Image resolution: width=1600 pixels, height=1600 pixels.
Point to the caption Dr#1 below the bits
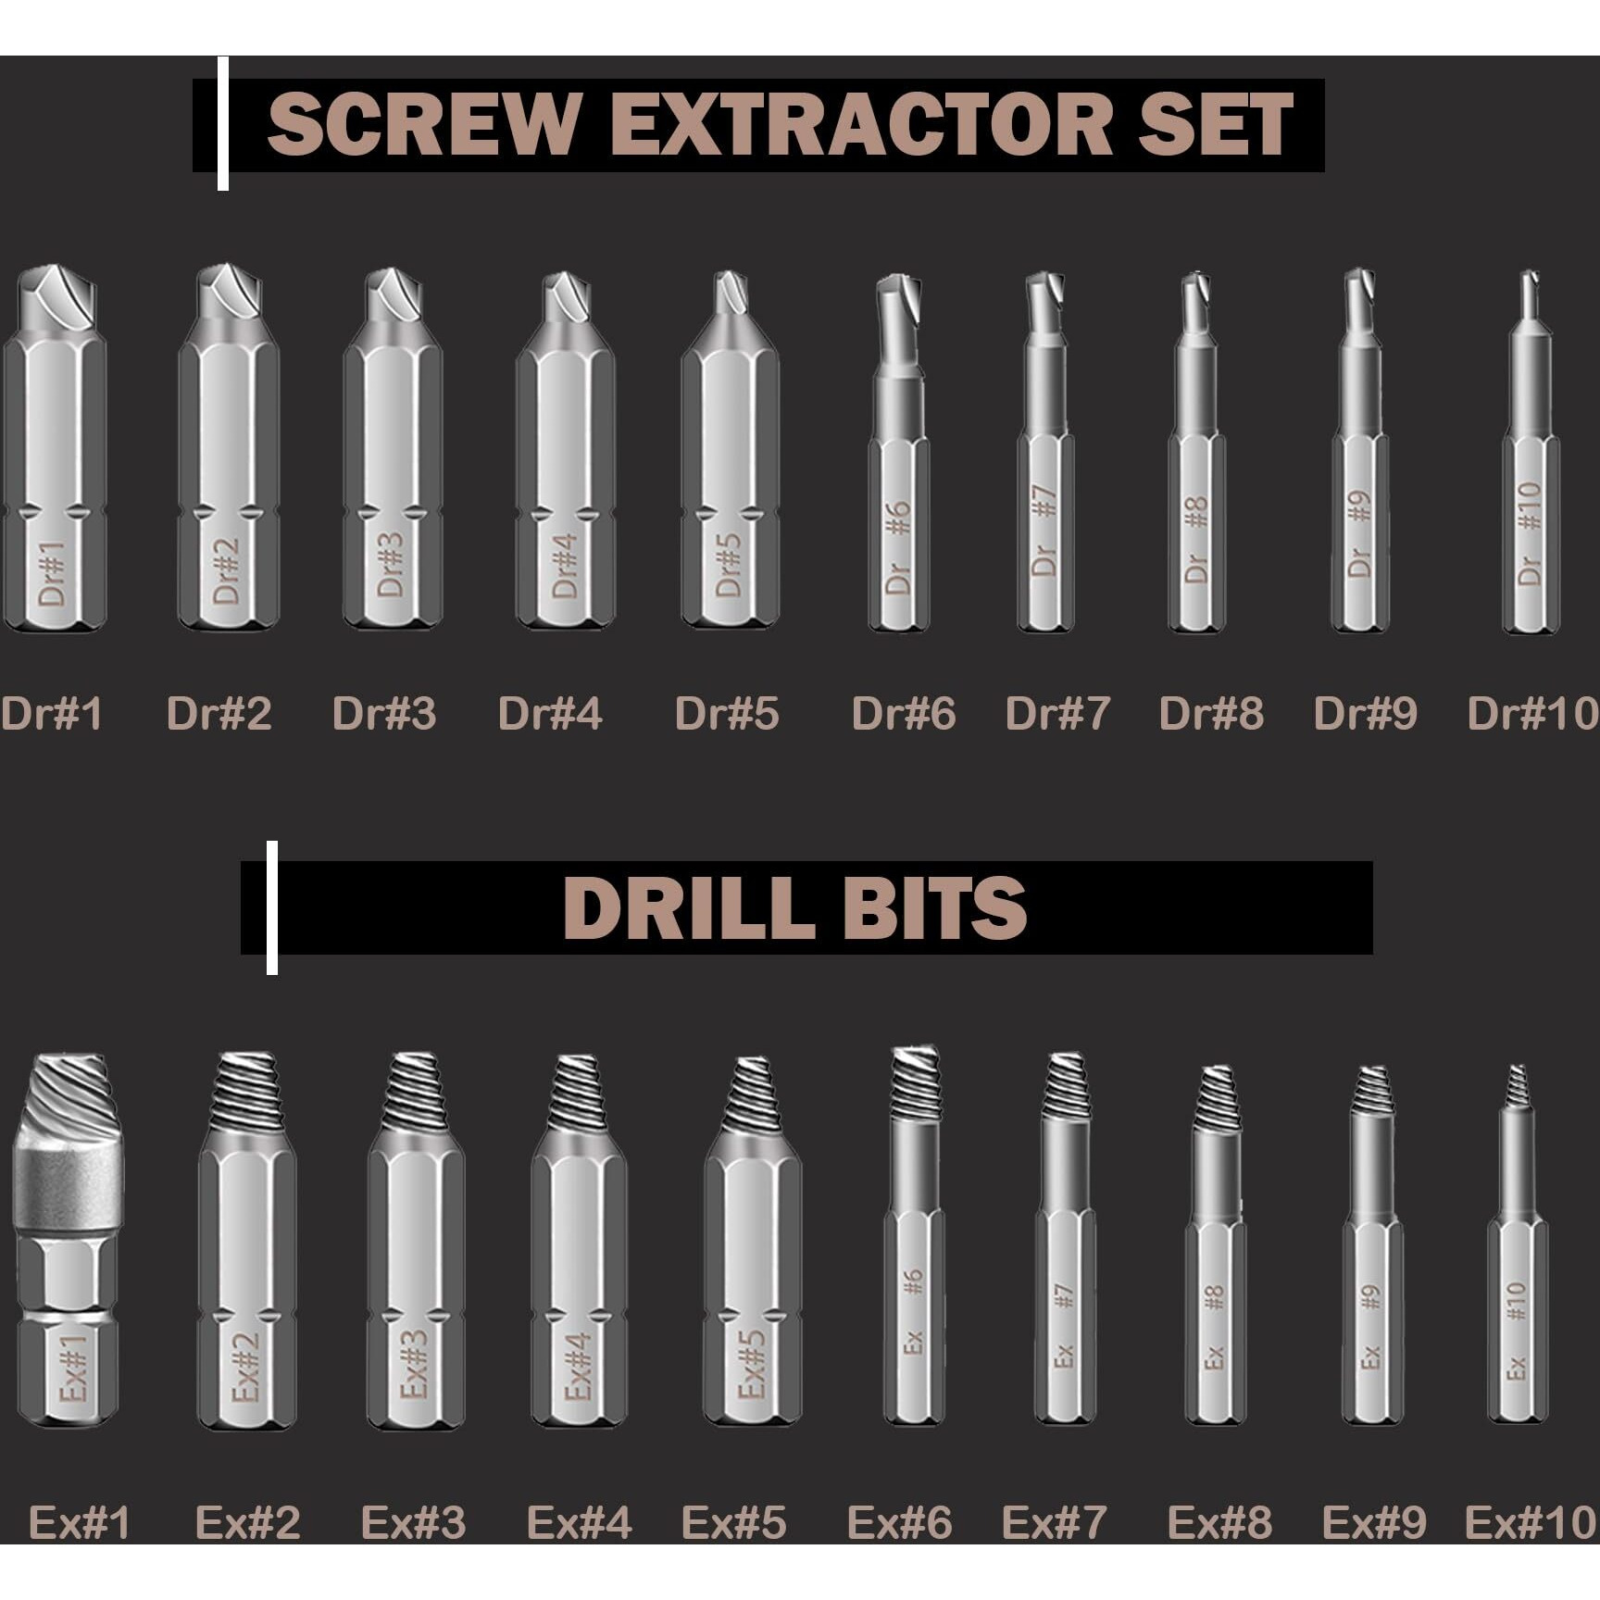click(51, 714)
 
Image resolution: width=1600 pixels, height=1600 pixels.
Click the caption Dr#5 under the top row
click(727, 714)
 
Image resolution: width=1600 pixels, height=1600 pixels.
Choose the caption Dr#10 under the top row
click(1533, 714)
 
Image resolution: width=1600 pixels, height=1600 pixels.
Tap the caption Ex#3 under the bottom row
click(413, 1523)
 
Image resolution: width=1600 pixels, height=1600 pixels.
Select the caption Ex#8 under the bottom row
click(1219, 1523)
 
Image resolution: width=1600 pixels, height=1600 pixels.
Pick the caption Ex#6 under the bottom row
click(899, 1523)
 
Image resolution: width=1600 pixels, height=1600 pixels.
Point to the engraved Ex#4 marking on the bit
click(576, 1367)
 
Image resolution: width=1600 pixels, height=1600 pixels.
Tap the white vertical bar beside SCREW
click(223, 124)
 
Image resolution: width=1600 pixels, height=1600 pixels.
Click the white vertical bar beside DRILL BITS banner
click(272, 907)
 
